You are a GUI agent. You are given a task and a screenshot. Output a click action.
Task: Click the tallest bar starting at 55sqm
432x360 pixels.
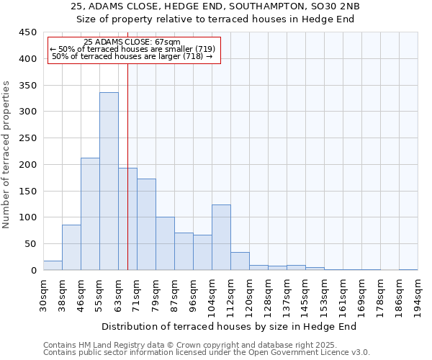pos(109,181)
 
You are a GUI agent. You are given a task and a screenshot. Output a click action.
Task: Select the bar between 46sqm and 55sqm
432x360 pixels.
pos(90,214)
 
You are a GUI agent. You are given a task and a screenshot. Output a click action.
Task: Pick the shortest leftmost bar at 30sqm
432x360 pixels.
pos(53,266)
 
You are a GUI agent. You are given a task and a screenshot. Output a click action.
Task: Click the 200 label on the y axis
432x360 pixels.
pos(27,165)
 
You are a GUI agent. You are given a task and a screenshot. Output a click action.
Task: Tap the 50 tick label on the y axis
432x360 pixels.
pos(30,244)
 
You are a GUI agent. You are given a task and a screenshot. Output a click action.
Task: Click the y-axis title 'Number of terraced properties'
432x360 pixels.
pos(6,154)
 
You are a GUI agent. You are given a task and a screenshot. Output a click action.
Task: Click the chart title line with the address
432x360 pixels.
pos(215,6)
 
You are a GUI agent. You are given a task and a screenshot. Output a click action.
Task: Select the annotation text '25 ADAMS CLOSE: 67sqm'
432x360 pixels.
pos(132,42)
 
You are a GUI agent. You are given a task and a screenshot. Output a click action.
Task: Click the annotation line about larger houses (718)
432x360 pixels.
pos(132,56)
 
